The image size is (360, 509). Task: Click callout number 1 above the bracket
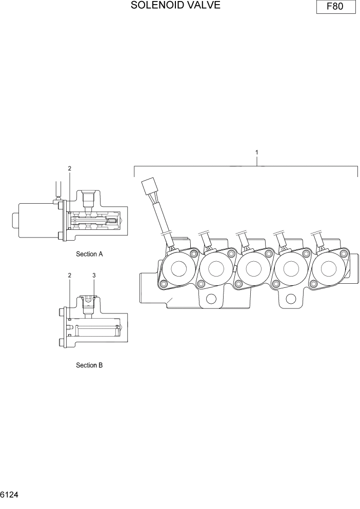[256, 152]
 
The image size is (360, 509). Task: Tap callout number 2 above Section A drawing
[70, 168]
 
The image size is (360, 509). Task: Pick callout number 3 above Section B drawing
[94, 276]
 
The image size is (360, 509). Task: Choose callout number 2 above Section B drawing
[70, 276]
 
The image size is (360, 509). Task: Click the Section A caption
[89, 254]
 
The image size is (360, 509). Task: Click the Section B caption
[89, 365]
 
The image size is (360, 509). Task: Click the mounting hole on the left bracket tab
[211, 300]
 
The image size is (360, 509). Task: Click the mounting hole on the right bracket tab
[291, 300]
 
